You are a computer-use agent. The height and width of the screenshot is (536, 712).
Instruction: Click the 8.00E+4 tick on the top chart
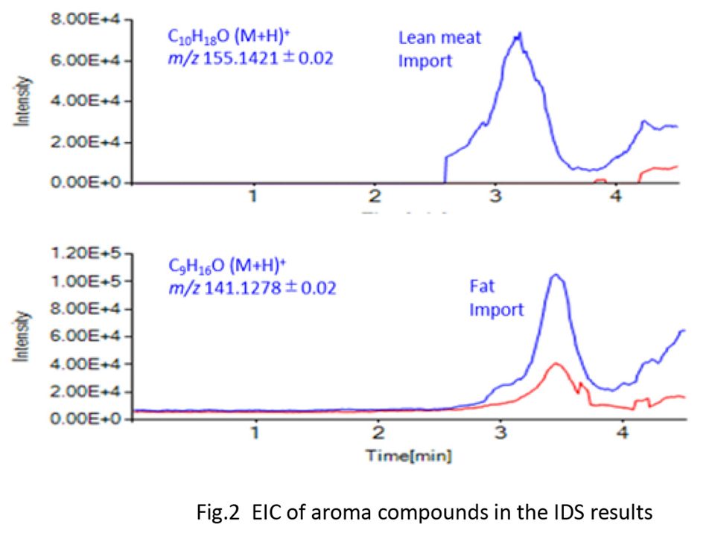[81, 20]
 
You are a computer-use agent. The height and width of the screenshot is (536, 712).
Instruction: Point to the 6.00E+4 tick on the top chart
[81, 61]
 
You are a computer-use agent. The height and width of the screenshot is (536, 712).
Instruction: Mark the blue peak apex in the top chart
[519, 33]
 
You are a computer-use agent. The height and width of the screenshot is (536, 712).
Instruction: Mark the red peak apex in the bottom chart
[555, 363]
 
